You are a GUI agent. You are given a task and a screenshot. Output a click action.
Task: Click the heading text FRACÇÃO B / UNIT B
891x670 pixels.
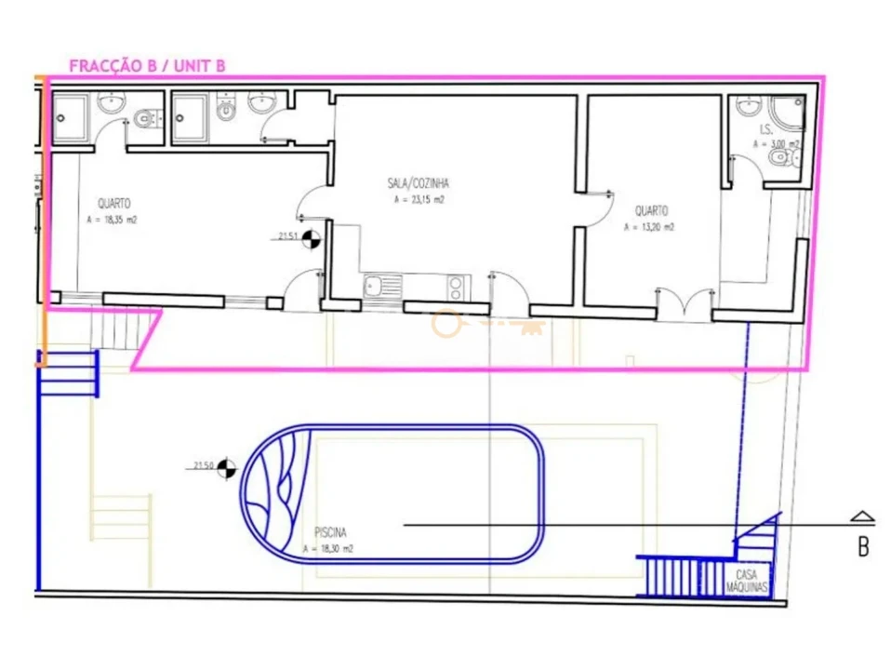(147, 65)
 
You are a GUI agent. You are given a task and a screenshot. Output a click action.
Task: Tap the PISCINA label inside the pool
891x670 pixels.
(330, 533)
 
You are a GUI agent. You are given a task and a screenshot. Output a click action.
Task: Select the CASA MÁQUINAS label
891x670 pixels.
(751, 582)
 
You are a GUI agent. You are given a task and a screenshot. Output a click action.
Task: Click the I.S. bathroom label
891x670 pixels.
(767, 130)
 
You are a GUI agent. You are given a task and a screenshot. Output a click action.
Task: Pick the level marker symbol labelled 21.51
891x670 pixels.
(312, 238)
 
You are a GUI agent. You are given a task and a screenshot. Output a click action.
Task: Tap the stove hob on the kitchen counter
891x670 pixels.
(456, 286)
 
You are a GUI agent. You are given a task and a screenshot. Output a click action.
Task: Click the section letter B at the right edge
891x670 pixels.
(863, 547)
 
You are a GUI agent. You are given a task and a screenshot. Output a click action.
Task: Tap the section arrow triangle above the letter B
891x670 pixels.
(863, 516)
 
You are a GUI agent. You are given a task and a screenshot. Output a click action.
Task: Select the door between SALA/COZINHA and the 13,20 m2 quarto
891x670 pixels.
(595, 207)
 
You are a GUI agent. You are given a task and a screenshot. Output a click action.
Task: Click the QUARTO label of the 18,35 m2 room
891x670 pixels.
(114, 203)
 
